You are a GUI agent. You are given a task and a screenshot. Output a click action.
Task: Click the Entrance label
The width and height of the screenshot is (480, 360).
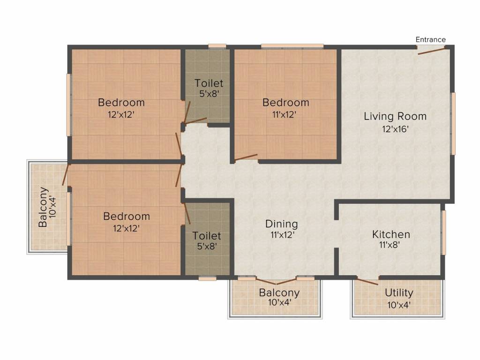coord(430,39)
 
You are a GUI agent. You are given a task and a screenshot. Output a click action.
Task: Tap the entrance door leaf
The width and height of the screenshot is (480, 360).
coord(431,51)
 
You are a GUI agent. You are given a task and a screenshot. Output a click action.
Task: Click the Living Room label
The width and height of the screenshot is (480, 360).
coord(395,116)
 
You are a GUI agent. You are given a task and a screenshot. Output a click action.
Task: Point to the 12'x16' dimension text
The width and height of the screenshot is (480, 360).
coord(395,129)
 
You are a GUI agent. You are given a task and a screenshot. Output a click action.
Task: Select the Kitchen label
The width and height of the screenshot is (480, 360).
coord(391,234)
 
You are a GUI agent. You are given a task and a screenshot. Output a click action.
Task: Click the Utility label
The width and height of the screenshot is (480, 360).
coord(399,293)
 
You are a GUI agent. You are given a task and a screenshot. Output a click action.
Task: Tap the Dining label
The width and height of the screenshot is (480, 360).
coord(282,224)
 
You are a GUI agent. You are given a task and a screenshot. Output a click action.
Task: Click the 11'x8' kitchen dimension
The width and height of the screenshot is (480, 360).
coord(390,245)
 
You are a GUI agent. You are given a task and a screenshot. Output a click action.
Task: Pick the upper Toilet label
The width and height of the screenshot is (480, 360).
coord(209,83)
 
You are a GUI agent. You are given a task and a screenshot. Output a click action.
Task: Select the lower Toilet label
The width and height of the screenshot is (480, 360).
coord(207,236)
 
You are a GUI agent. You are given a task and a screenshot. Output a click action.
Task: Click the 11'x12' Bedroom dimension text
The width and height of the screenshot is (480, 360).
coord(284,114)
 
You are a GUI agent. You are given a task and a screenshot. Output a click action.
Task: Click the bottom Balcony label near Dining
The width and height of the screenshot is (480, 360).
coord(279,292)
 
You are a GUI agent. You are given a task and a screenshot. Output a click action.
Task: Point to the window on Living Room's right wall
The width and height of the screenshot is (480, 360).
coord(453,123)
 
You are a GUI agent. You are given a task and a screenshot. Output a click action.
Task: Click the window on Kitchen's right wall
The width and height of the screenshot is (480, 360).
coord(443,232)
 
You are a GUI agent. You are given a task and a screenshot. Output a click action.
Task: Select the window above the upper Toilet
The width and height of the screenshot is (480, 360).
coord(217,46)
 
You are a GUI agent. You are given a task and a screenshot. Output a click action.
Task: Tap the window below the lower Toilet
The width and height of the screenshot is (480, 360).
coord(207,278)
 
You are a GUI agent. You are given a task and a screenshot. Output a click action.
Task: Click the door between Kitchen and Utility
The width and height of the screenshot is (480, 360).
coord(367,281)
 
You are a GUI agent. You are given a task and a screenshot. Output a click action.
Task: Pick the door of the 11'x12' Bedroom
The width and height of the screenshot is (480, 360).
coord(246,157)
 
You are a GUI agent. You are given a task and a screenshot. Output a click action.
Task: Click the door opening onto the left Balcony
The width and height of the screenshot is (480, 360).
coord(66,175)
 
